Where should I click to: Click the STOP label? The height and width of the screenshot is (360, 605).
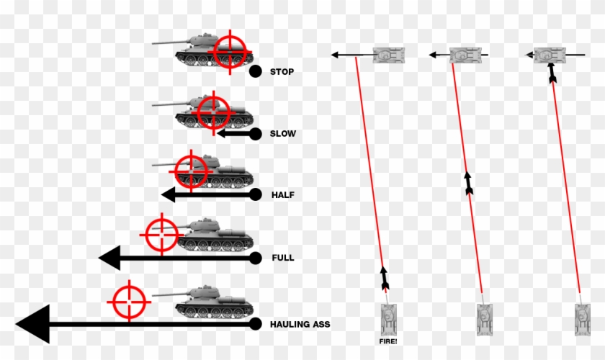click(282, 72)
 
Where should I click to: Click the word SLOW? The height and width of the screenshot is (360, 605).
click(283, 134)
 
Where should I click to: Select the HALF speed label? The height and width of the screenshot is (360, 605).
click(282, 195)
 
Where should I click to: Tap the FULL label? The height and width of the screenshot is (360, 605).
click(282, 257)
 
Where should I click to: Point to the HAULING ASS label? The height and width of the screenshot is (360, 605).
click(300, 325)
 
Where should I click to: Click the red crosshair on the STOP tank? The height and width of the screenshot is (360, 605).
click(230, 51)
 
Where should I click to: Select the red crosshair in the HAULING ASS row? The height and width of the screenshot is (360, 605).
click(130, 300)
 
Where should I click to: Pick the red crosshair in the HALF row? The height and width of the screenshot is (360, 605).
click(191, 171)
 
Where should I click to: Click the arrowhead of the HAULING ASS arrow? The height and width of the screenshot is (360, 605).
click(32, 324)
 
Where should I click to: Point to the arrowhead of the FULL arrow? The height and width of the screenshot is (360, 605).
click(109, 257)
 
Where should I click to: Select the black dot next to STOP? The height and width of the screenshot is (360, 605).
click(255, 71)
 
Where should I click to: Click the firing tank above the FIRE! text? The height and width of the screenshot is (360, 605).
click(388, 318)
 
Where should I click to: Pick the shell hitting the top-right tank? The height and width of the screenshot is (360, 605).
click(552, 73)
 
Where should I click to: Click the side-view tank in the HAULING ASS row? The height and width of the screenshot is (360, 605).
click(213, 303)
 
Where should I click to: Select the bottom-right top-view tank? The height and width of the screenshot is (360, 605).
click(583, 318)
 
